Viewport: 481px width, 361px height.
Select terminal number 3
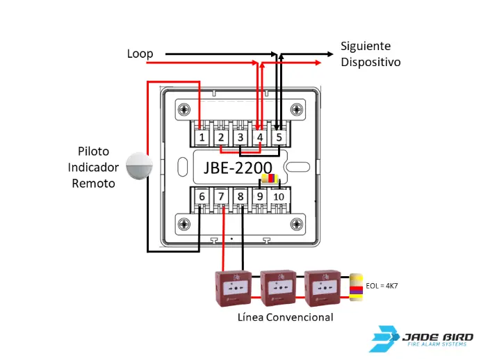click(x=239, y=138)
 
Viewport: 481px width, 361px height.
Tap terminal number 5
click(x=278, y=138)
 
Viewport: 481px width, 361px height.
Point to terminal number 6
click(x=202, y=197)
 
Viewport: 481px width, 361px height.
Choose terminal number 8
click(x=241, y=197)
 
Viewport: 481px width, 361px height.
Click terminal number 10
click(x=279, y=197)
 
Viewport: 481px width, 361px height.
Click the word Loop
click(x=140, y=54)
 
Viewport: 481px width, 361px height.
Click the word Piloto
click(x=93, y=151)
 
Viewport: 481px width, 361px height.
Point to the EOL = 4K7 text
click(x=382, y=285)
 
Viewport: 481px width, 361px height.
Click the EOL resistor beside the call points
click(x=356, y=286)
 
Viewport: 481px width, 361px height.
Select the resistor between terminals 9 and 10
click(x=269, y=179)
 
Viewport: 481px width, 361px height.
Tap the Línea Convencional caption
click(x=285, y=317)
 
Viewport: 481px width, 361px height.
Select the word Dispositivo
click(x=370, y=62)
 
